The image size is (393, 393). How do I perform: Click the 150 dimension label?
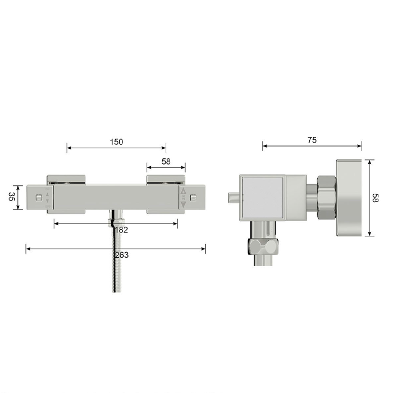pos(117,142)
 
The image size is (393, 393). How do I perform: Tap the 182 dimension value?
pos(121,230)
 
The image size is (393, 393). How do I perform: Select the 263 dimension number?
pos(122,255)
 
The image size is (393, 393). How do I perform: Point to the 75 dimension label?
pos(312,140)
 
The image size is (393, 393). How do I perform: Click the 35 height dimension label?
pos(11,196)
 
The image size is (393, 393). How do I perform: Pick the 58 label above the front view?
pos(166,162)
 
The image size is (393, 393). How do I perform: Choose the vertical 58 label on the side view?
pos(375,198)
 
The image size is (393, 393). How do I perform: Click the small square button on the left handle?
pos(39,198)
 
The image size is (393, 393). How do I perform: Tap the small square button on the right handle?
pos(193,198)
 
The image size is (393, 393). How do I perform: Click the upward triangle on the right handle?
pos(184,191)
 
